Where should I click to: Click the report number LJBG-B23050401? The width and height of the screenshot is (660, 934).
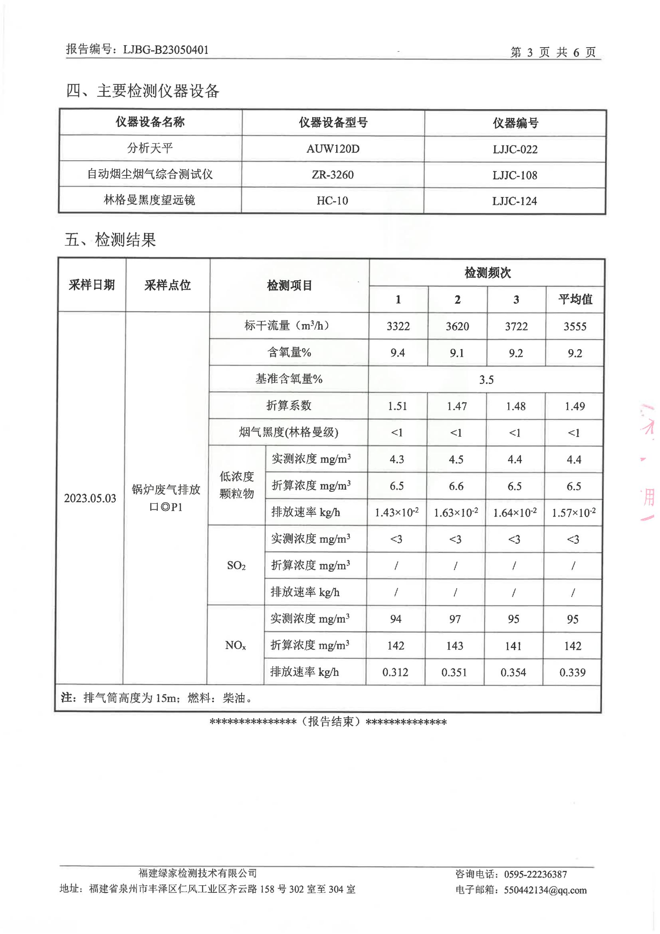pyautogui.click(x=166, y=50)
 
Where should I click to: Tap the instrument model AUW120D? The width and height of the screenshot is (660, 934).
pyautogui.click(x=333, y=149)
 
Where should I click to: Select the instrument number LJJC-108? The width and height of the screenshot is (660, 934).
pyautogui.click(x=514, y=175)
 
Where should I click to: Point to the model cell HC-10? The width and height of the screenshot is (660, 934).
pyautogui.click(x=332, y=201)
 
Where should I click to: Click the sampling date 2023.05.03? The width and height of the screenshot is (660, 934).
pyautogui.click(x=90, y=498)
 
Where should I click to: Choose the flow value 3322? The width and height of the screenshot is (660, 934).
pyautogui.click(x=398, y=326)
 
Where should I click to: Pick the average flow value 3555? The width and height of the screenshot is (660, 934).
pyautogui.click(x=575, y=326)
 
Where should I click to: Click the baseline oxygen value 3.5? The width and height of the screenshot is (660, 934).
pyautogui.click(x=486, y=380)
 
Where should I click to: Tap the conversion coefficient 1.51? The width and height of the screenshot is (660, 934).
pyautogui.click(x=397, y=406)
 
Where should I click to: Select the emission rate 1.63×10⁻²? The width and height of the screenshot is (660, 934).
pyautogui.click(x=456, y=513)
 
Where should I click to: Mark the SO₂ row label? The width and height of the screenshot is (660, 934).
pyautogui.click(x=236, y=566)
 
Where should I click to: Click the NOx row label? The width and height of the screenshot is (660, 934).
pyautogui.click(x=236, y=645)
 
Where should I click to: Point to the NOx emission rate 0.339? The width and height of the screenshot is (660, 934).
pyautogui.click(x=572, y=672)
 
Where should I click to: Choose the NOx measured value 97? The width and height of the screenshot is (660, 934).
pyautogui.click(x=455, y=619)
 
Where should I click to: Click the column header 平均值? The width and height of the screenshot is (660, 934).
pyautogui.click(x=575, y=299)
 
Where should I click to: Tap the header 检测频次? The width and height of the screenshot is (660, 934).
pyautogui.click(x=487, y=273)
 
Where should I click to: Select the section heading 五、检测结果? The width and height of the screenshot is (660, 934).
pyautogui.click(x=110, y=240)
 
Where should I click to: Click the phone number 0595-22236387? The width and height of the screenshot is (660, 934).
pyautogui.click(x=535, y=874)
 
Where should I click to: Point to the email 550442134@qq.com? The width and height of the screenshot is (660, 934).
pyautogui.click(x=545, y=890)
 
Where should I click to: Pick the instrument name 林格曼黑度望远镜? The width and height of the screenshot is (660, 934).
pyautogui.click(x=149, y=200)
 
